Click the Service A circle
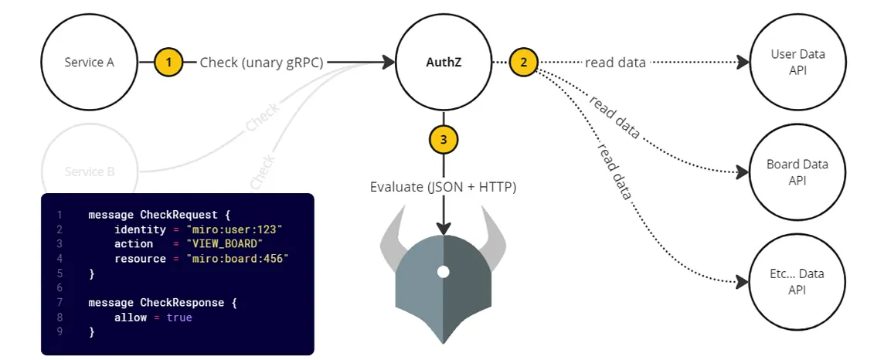[x=89, y=62]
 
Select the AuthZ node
[x=443, y=62]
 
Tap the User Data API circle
[x=797, y=62]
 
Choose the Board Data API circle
[x=797, y=172]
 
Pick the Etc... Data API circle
[x=797, y=281]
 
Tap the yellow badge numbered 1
[x=168, y=62]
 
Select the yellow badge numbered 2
[x=523, y=62]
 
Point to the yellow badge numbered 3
[x=443, y=140]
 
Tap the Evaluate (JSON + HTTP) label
[x=443, y=187]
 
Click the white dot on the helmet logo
[x=443, y=271]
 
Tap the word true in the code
[x=179, y=318]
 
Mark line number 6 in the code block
[x=59, y=288]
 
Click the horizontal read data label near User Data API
[x=615, y=63]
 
